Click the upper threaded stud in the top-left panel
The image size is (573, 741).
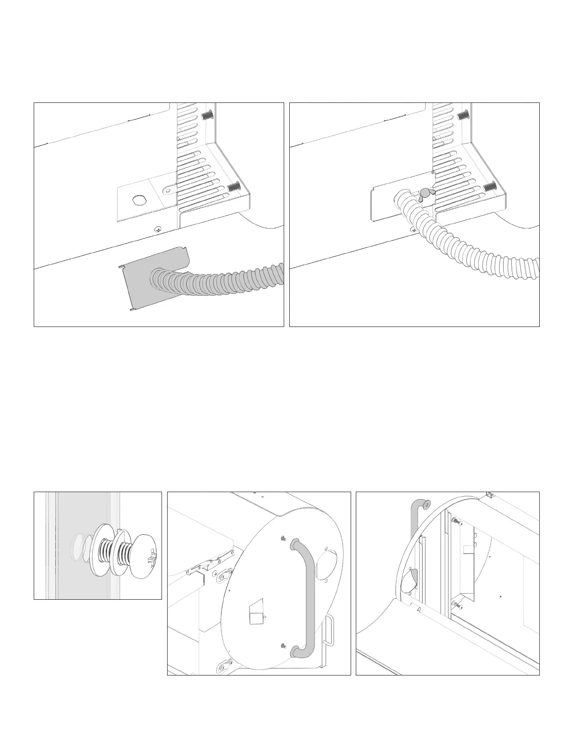coord(206,116)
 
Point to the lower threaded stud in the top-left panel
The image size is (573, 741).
coord(233,188)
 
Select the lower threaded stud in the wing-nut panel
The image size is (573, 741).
coord(489,187)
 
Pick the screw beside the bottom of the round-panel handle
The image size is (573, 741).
coord(283,646)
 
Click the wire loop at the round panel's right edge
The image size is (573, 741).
coord(331,630)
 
